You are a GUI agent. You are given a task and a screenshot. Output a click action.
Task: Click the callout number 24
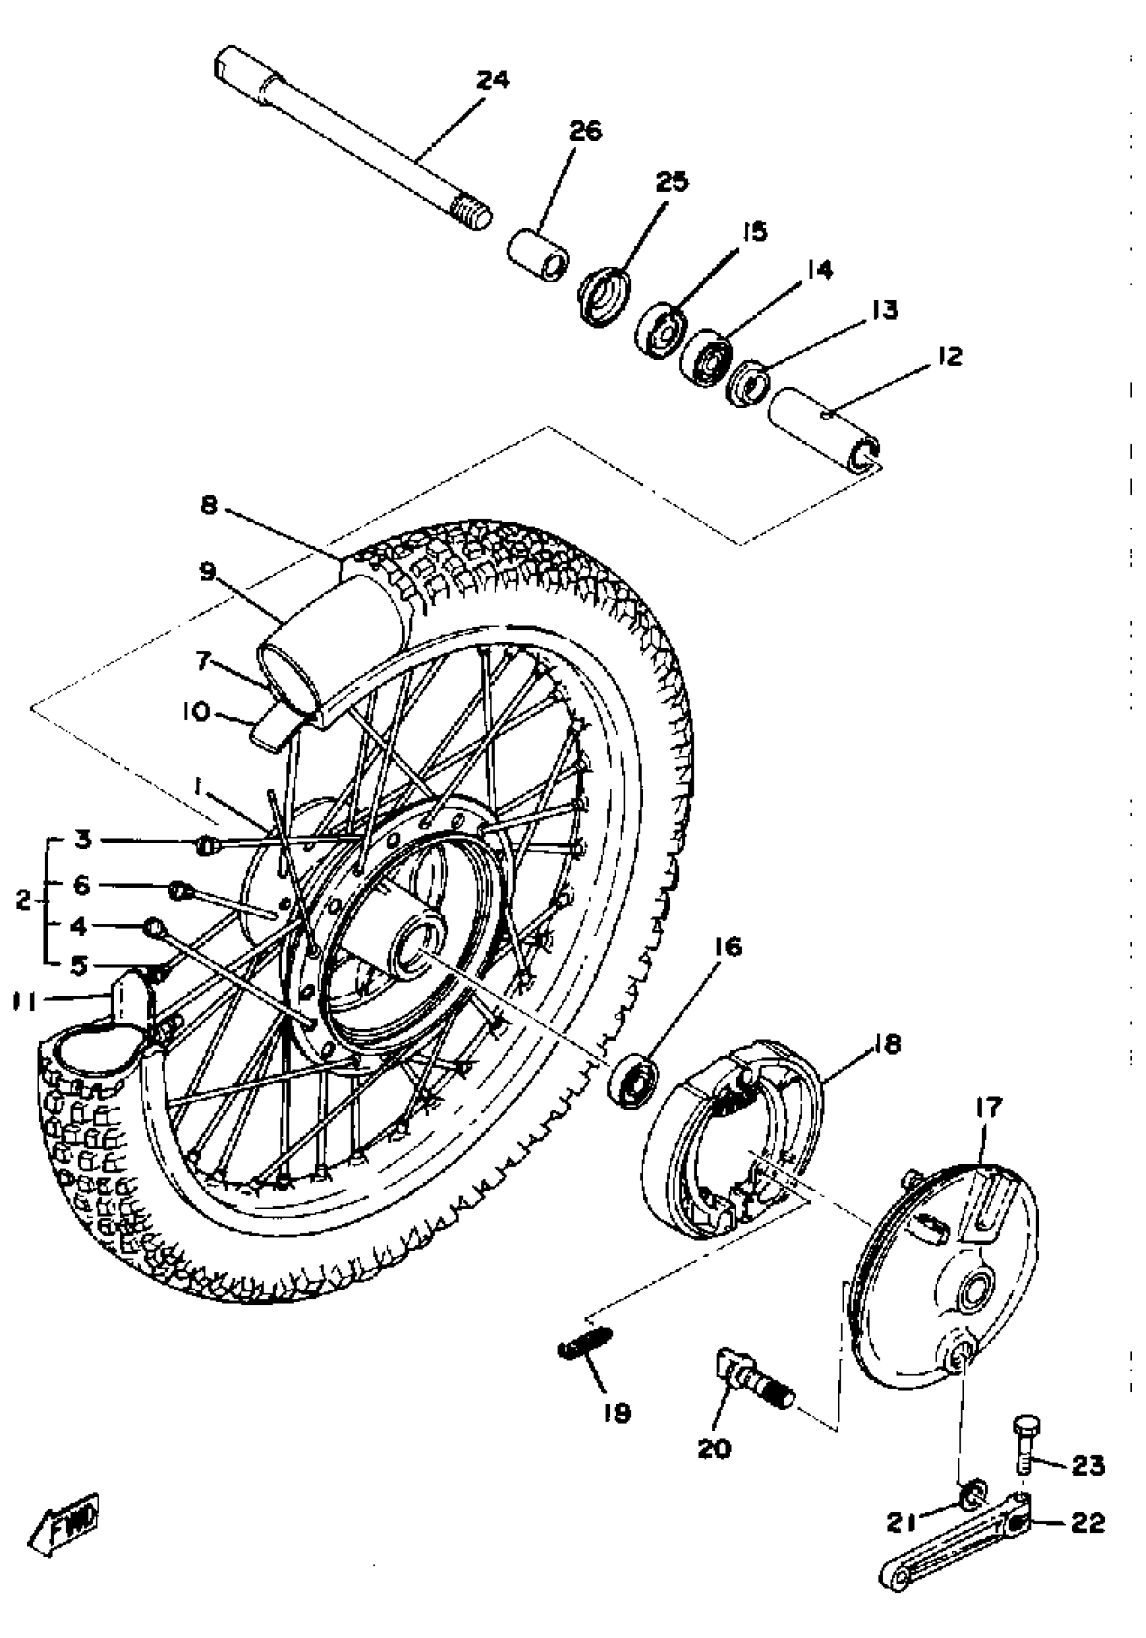[492, 80]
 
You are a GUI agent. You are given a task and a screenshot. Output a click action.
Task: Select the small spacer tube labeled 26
[540, 255]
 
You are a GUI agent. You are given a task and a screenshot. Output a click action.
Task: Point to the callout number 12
[949, 355]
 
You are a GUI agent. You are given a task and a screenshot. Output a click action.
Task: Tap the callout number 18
[886, 1044]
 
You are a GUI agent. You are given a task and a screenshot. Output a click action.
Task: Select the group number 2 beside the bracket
[24, 901]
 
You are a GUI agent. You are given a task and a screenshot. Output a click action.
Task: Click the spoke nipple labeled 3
[206, 846]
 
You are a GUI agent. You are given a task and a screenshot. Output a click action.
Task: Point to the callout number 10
[196, 712]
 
